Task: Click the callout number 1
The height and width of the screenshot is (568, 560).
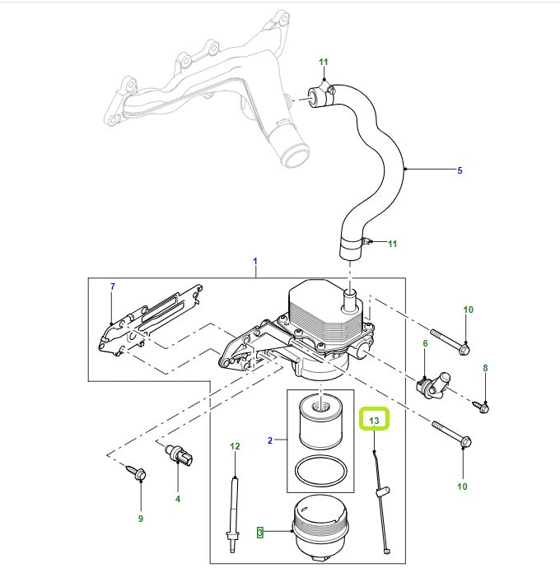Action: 255,261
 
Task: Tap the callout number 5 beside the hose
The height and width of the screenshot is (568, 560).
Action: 460,171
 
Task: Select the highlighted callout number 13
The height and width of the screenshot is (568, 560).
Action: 375,421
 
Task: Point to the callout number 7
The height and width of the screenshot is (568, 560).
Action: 113,286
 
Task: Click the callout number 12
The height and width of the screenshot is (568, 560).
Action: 235,446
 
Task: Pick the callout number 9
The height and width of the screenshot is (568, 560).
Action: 140,519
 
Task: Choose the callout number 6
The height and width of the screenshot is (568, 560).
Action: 425,343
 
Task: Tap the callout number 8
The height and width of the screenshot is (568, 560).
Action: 485,368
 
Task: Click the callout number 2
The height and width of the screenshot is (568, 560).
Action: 269,441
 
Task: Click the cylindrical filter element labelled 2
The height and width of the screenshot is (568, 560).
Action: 320,421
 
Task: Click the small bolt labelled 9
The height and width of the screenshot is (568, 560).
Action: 138,474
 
